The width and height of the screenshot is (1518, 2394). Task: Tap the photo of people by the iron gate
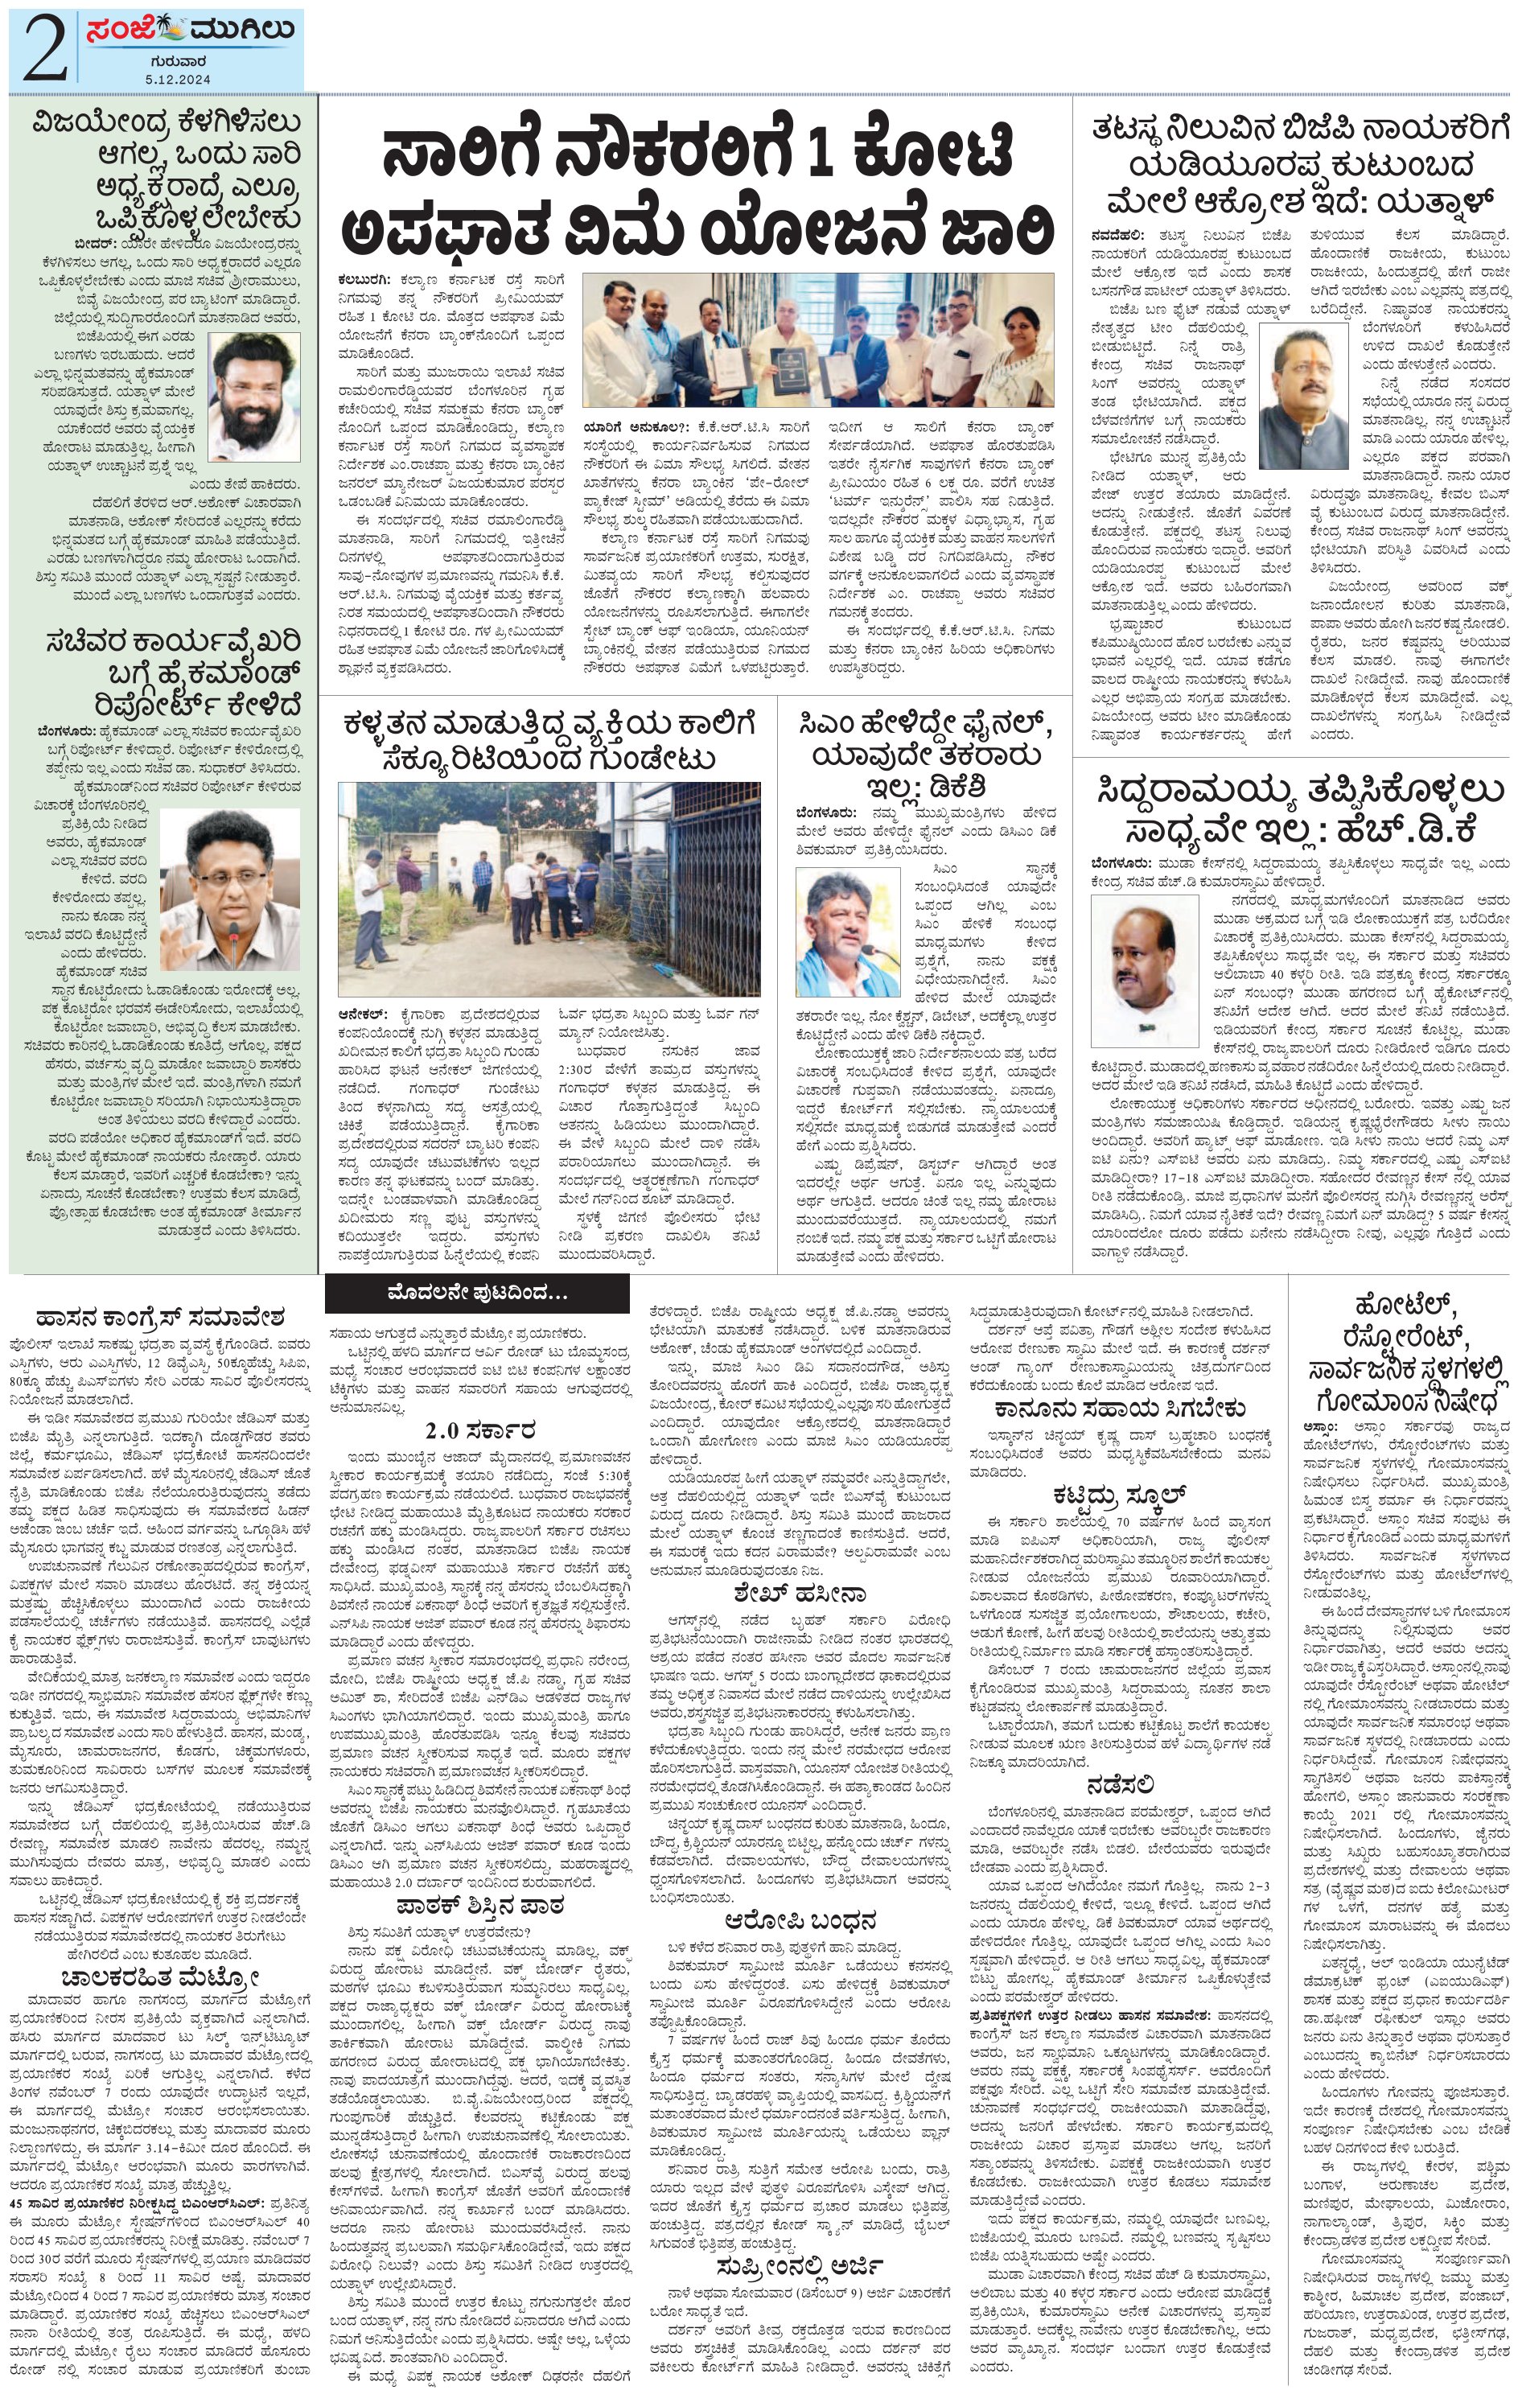549,889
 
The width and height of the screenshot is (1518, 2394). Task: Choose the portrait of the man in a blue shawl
848,932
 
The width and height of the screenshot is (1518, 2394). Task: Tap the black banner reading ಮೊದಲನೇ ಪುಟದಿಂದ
477,1294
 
